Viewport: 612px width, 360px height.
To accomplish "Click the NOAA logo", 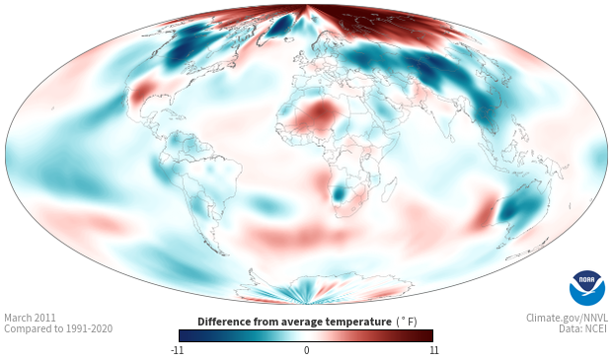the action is [x=587, y=288].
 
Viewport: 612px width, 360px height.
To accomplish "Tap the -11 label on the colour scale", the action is [x=177, y=350].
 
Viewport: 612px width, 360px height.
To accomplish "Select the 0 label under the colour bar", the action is [x=306, y=350].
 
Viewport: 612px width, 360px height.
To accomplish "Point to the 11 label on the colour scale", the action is [x=433, y=350].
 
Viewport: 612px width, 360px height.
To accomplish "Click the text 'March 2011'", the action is [x=30, y=318].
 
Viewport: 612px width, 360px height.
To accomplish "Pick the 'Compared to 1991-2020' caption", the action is [x=58, y=328].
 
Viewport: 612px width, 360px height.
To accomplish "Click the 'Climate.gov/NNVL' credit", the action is [x=567, y=318].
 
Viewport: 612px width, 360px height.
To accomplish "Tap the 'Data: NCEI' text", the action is [x=583, y=328].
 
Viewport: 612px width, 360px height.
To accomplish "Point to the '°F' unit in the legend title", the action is [x=407, y=322].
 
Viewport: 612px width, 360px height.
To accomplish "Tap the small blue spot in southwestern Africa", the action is [x=339, y=193].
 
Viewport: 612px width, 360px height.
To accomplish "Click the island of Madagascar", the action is [x=388, y=190].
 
